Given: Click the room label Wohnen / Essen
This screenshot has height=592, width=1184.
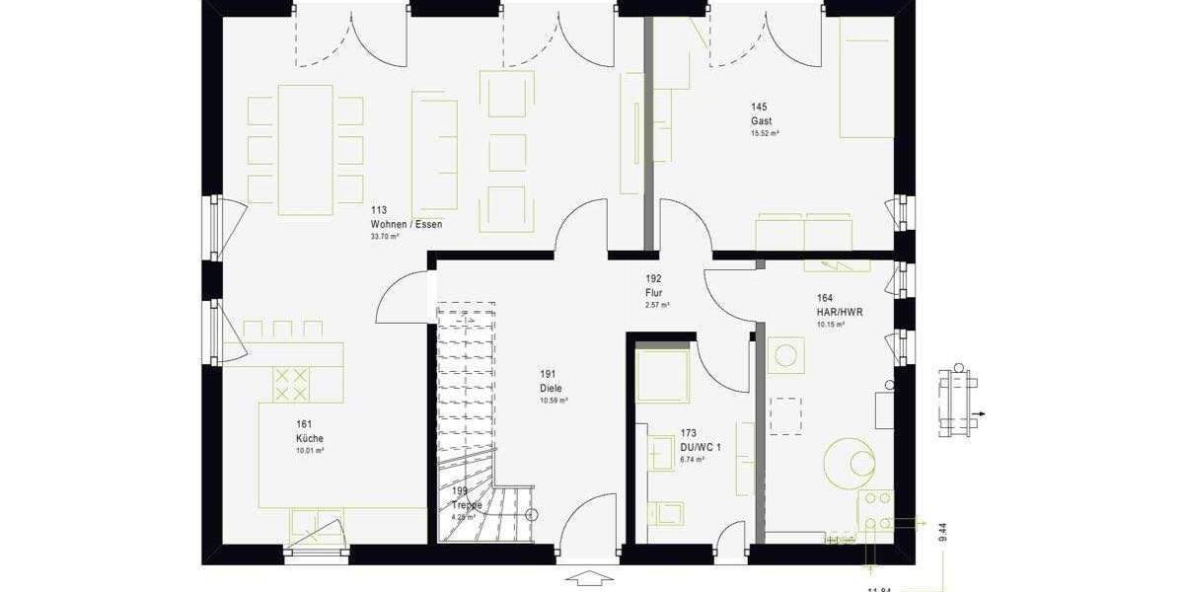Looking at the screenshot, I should (407, 224).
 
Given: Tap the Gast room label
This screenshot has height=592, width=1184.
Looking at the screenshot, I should (760, 120).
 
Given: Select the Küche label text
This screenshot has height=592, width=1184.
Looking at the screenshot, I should (309, 438).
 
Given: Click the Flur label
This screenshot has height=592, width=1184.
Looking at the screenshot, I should (654, 293).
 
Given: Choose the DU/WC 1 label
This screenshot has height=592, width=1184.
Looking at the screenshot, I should (701, 447).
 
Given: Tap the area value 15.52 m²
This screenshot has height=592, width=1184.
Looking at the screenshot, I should (765, 133).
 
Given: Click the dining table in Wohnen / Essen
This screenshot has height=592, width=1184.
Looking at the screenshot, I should (306, 149).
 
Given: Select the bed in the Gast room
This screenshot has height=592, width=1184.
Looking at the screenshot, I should (866, 79).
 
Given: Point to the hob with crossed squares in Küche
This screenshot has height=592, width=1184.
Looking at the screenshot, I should (291, 384).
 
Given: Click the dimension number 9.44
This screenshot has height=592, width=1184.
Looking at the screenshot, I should (943, 534).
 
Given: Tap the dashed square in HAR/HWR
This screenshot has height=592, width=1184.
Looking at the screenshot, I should (785, 415).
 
